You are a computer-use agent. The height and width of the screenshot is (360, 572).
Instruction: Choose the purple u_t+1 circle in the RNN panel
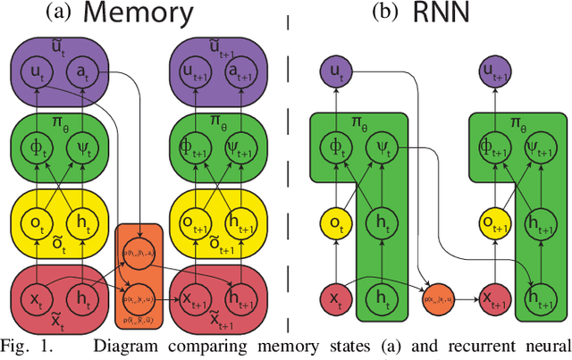click(x=490, y=71)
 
